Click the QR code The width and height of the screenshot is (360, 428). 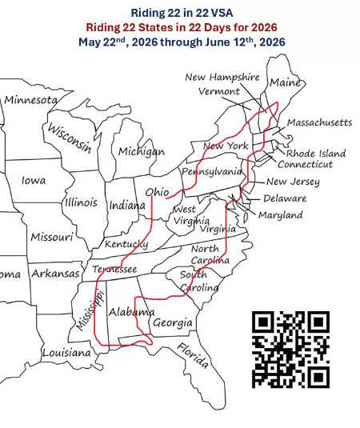coord(291,348)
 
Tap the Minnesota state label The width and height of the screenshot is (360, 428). coord(31,100)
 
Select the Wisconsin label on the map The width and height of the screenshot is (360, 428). coord(68,138)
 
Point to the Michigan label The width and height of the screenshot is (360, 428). coord(141,151)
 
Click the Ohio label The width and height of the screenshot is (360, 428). coord(156,193)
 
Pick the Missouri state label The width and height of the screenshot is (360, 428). coord(51,237)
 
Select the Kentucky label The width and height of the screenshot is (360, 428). coord(126,243)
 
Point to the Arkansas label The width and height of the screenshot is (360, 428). coord(56,274)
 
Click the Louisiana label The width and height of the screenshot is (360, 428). coord(66,352)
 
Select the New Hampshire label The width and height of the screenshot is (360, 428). coord(222,77)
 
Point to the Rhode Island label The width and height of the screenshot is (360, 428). coord(315,153)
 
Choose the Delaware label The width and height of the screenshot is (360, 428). coord(285,198)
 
